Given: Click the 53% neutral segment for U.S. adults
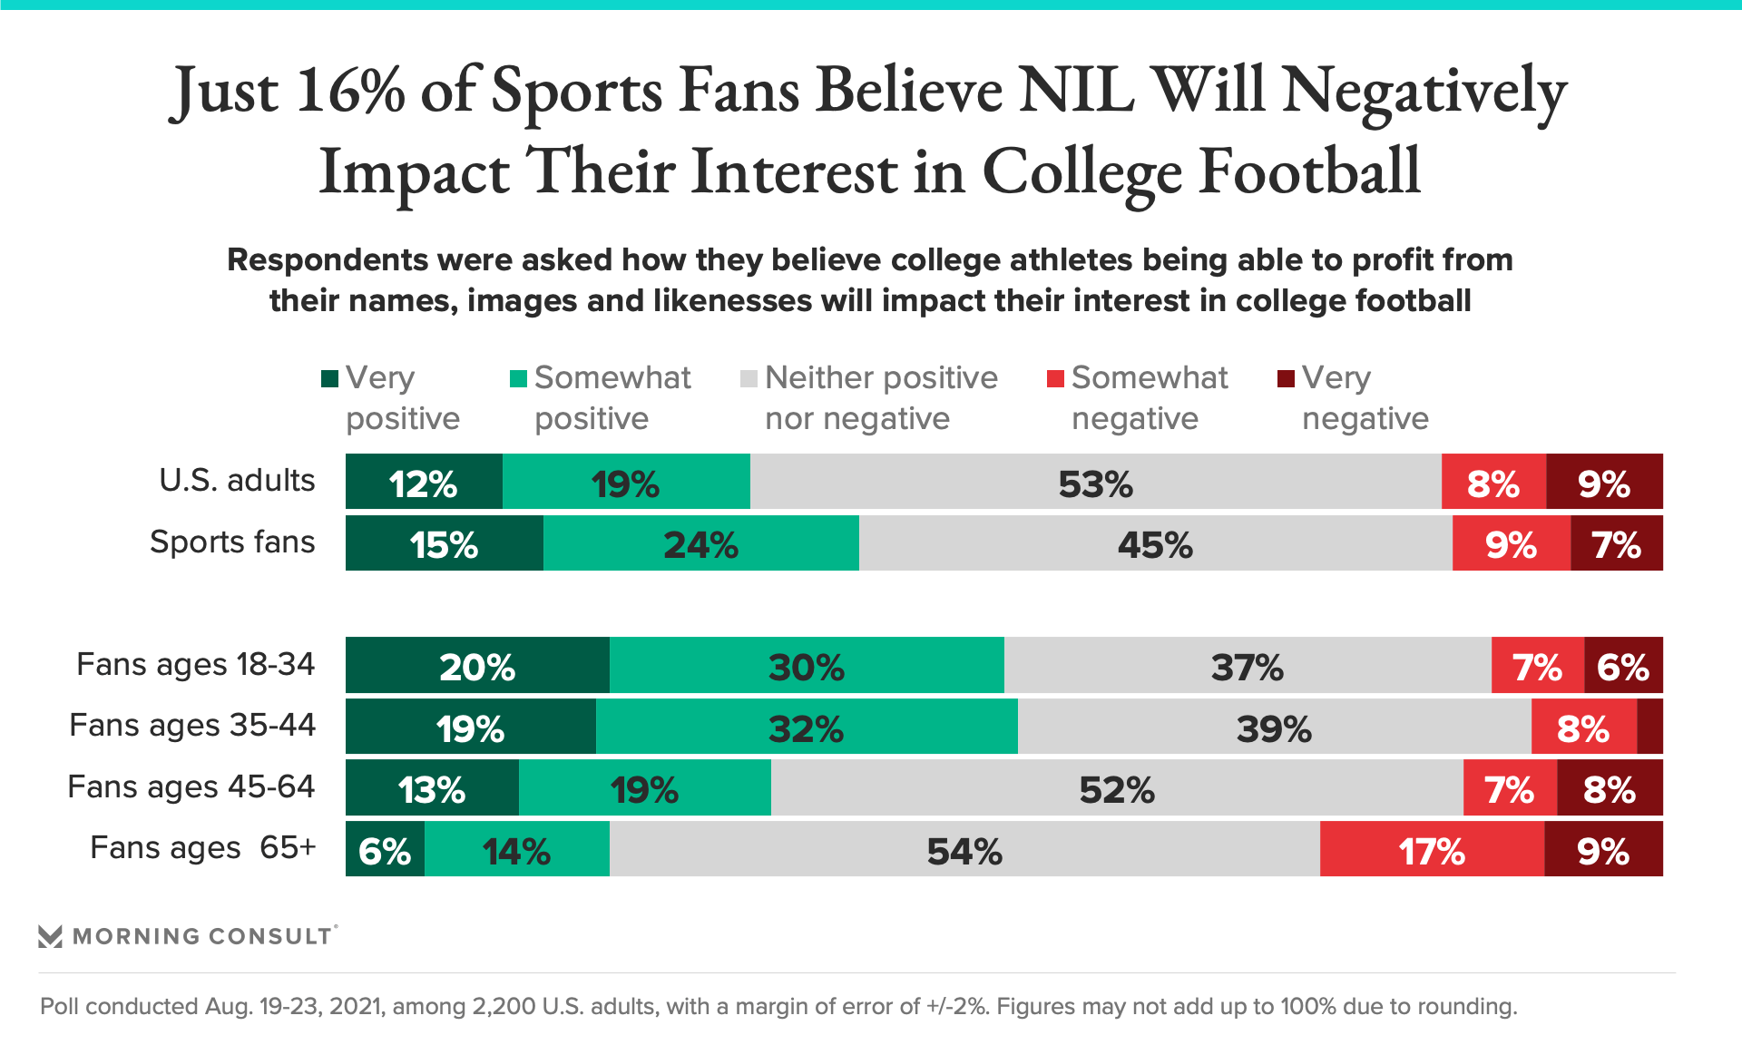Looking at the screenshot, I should click(1095, 482).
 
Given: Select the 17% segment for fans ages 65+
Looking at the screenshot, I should click(1432, 849).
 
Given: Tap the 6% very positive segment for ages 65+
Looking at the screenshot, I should click(385, 849).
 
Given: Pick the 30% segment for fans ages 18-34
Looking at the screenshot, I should click(807, 665).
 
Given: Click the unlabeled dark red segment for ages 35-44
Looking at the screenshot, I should click(1649, 726).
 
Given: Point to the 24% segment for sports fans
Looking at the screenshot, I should click(700, 543).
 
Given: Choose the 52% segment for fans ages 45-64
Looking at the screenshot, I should click(1116, 787).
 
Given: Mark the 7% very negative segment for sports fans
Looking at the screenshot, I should click(1616, 543).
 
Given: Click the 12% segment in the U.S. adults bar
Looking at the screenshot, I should click(424, 482).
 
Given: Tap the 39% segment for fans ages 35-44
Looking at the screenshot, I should click(1274, 726).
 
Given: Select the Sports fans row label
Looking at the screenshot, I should click(232, 542).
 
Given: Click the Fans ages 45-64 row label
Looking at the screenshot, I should click(191, 786).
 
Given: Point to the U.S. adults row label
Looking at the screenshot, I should click(237, 480).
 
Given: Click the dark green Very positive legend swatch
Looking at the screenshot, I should click(329, 378).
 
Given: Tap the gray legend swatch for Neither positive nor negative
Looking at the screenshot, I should click(749, 378).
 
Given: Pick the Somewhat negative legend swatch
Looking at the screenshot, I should click(1055, 378).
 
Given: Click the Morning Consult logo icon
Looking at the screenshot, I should click(51, 936).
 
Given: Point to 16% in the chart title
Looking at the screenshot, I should click(350, 92).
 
